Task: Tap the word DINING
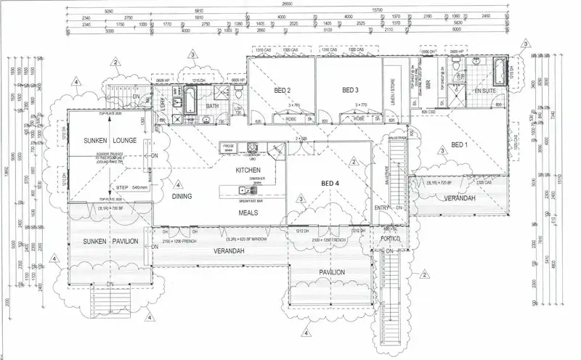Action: click(181, 196)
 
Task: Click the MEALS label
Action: click(249, 213)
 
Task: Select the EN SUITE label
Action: click(484, 91)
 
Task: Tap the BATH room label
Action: click(213, 106)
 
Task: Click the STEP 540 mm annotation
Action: click(131, 187)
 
